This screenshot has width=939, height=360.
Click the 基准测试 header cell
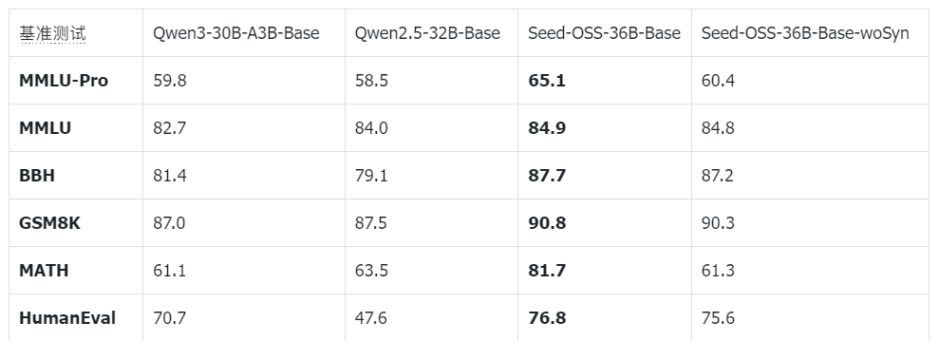click(52, 33)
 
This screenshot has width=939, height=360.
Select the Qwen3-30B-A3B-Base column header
click(235, 33)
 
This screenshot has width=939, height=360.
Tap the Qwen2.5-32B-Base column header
click(427, 33)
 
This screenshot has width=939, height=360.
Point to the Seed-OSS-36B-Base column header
click(604, 33)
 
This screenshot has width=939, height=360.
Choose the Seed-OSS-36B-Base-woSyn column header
click(805, 33)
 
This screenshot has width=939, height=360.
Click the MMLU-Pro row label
click(64, 81)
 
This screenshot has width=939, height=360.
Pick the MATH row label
click(44, 271)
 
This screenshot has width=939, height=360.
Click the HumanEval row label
click(67, 318)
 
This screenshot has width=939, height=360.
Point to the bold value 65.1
click(547, 81)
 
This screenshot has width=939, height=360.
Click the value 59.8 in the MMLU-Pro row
click(170, 81)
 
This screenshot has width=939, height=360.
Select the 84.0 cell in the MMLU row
click(371, 128)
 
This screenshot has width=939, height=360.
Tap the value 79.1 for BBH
click(371, 176)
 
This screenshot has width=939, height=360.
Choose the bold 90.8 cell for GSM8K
click(547, 223)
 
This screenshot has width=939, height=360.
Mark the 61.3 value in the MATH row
click(718, 271)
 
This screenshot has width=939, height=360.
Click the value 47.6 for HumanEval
click(371, 318)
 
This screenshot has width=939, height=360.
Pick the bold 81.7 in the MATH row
click(547, 271)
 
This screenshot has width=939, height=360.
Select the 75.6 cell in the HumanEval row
click(718, 318)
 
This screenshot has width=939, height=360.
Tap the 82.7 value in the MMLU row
click(170, 128)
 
